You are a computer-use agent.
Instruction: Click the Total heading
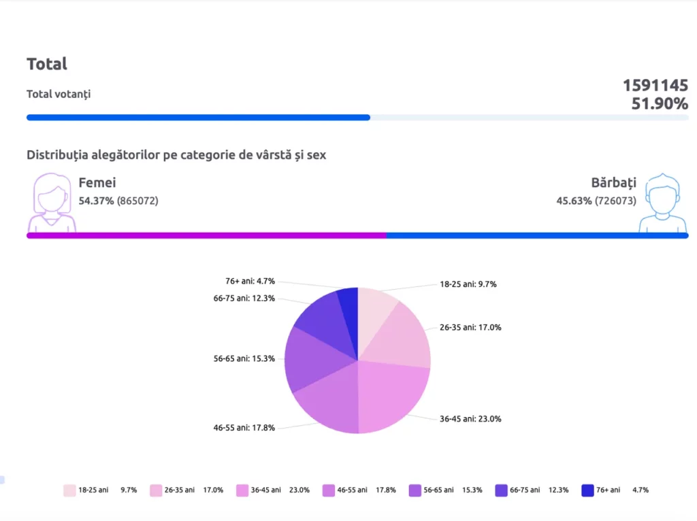tap(47, 64)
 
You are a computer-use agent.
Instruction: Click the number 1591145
tap(655, 85)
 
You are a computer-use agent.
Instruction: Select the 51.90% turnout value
tap(660, 103)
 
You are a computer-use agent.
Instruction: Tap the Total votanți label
tap(59, 94)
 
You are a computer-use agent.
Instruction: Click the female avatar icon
tap(51, 203)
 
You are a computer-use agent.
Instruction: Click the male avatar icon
tap(663, 203)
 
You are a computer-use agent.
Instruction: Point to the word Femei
tap(97, 182)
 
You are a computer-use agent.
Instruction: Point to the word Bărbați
tap(613, 182)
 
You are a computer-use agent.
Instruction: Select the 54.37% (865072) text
tap(118, 201)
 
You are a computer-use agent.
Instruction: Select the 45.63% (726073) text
tap(596, 201)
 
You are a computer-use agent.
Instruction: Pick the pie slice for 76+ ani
tap(348, 306)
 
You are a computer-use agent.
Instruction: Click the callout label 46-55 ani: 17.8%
tap(244, 428)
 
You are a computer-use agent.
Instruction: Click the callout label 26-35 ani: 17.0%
tap(470, 327)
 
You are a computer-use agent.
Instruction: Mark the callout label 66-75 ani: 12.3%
tap(244, 298)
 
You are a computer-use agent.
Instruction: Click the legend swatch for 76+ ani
tap(588, 490)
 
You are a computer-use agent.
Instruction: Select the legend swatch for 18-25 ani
tap(69, 490)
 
